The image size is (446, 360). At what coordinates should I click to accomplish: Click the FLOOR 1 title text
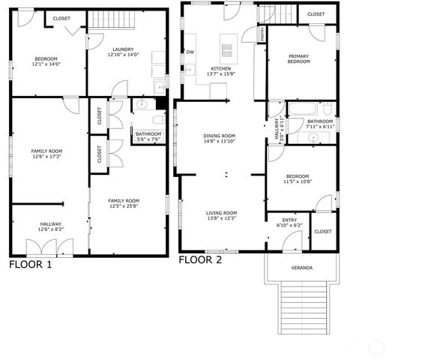click(x=31, y=264)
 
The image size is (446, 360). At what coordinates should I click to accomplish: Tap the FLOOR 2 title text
click(x=200, y=260)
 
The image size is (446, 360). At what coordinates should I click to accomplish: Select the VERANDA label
click(x=301, y=268)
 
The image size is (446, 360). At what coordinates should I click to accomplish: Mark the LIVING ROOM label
click(x=221, y=212)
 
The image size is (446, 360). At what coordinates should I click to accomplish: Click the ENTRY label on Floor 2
click(x=289, y=220)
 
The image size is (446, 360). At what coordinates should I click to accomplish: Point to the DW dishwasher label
click(x=190, y=52)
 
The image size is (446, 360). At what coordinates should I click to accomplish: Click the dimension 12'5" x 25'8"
click(x=124, y=206)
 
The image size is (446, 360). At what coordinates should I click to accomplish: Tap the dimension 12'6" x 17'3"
click(x=46, y=157)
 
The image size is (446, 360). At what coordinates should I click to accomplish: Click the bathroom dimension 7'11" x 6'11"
click(x=319, y=127)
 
